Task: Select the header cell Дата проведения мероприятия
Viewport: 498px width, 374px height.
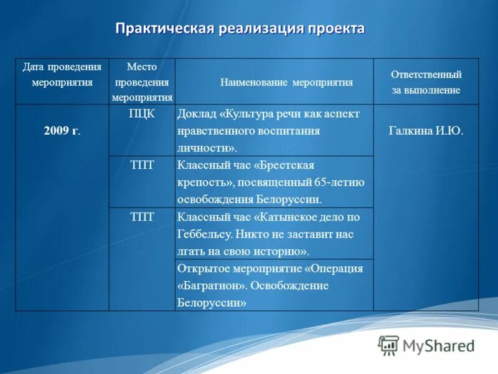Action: (x=62, y=74)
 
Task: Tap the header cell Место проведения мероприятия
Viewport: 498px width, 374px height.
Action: (x=142, y=82)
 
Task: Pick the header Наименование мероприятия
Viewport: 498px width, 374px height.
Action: (x=286, y=82)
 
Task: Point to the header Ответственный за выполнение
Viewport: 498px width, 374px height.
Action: (x=426, y=82)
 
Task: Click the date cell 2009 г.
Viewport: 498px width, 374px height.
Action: (x=62, y=131)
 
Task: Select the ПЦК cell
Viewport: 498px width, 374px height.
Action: (x=142, y=113)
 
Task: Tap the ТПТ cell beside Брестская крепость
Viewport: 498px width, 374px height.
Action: (x=142, y=165)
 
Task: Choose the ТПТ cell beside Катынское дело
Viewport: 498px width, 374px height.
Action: (x=142, y=216)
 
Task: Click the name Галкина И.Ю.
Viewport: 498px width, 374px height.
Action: (x=426, y=131)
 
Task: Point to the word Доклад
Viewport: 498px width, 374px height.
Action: (x=197, y=114)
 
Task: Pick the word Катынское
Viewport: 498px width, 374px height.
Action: (x=287, y=217)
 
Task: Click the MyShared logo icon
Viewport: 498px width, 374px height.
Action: (x=388, y=345)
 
